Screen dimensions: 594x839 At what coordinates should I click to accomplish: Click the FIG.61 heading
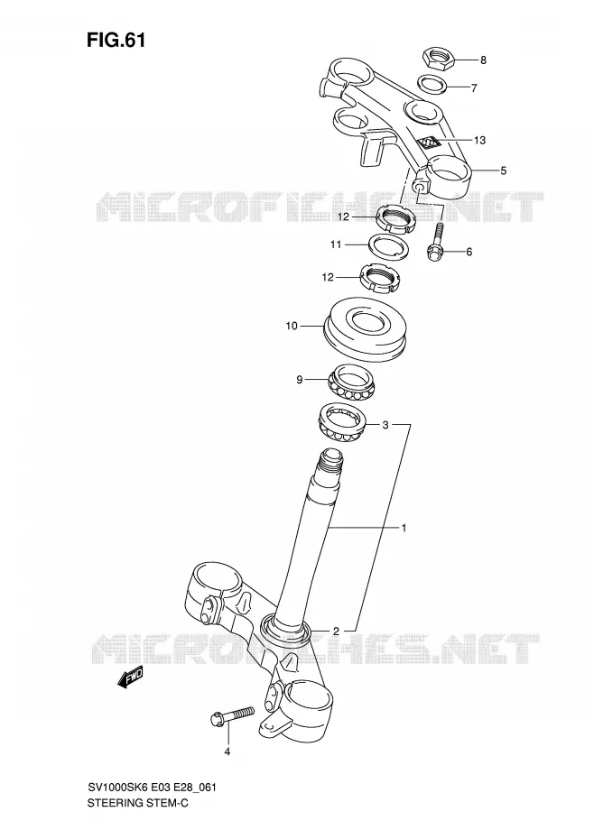116,40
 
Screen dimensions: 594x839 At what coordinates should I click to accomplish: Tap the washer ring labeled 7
432,84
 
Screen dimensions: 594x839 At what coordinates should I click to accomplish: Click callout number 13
479,140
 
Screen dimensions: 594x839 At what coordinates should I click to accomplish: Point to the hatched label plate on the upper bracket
428,143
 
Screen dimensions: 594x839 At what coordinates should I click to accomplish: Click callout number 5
503,171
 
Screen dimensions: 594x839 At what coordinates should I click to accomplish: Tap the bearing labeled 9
351,381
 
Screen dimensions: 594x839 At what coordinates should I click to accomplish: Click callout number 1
404,528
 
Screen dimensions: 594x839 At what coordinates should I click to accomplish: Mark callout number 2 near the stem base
337,631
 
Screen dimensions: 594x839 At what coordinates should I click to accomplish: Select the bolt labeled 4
233,715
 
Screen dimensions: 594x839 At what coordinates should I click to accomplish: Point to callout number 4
227,751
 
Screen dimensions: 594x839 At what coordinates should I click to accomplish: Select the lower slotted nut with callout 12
378,279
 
